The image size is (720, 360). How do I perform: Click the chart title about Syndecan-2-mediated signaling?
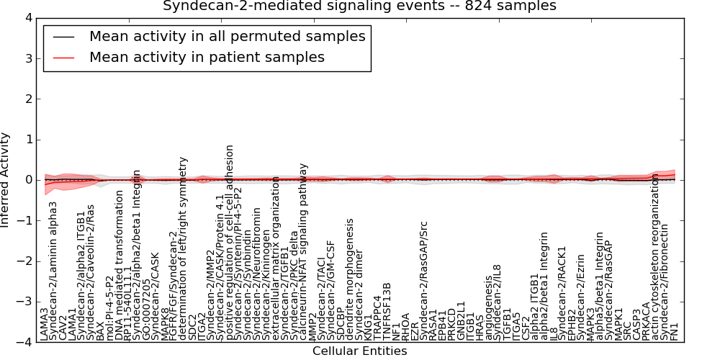pos(359,6)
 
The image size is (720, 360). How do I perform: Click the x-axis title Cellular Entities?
pos(359,351)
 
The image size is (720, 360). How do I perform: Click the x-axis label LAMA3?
pos(45,324)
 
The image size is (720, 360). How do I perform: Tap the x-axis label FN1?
pos(675,330)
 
